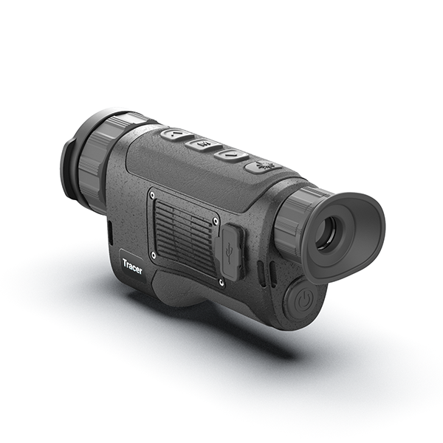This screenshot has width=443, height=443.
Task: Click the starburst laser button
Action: (264, 166)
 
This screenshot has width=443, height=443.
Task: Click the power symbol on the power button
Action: (303, 300)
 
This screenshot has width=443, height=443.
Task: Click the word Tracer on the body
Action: (132, 266)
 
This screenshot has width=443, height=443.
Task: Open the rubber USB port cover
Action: (230, 252)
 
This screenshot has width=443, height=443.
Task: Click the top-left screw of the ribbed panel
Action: (153, 194)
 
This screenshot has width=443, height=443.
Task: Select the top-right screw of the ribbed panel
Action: (216, 219)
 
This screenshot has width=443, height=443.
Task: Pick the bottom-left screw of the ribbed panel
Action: (154, 256)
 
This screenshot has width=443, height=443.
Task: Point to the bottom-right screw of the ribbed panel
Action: (221, 281)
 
